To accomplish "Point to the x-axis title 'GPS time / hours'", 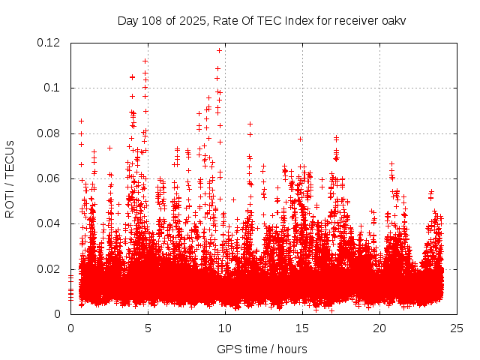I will pos(262,349).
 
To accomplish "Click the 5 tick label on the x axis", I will pos(148,328).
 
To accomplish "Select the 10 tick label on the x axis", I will pos(225,328).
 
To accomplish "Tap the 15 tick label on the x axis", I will pos(302,328).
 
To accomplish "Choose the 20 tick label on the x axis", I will pos(379,328).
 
